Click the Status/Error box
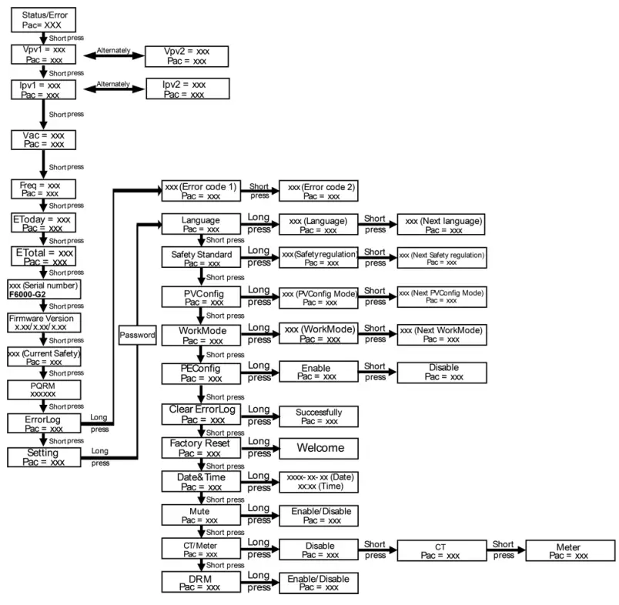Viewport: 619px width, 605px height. (43, 20)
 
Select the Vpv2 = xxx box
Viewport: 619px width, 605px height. (187, 55)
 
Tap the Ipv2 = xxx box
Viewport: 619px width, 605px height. (187, 89)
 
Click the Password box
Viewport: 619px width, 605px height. (138, 336)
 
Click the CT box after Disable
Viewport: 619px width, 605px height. (441, 551)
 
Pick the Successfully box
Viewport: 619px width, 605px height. (318, 416)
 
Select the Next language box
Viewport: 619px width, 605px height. (441, 224)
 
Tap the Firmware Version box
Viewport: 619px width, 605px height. (43, 322)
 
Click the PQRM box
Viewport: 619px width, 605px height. (43, 389)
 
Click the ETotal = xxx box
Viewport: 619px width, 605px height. (43, 256)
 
